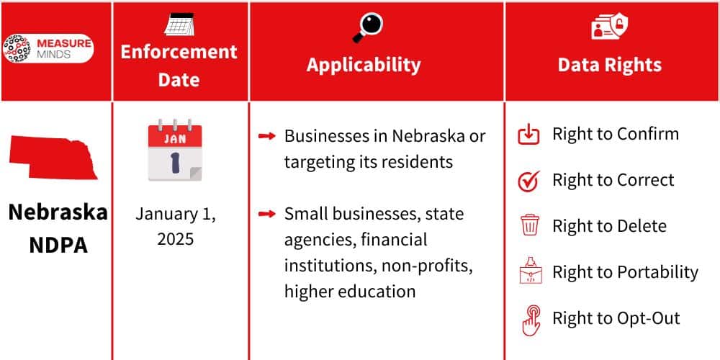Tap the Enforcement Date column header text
(x=179, y=66)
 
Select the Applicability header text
(x=364, y=64)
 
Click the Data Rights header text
(x=609, y=64)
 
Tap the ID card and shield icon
(x=610, y=27)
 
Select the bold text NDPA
(x=58, y=245)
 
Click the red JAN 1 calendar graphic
(x=175, y=150)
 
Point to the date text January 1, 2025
(x=176, y=226)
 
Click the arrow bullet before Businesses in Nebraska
(x=266, y=136)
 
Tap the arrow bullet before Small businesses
(x=266, y=214)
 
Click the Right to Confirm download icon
(x=529, y=134)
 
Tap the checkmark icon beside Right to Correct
(x=529, y=181)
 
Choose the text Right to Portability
(x=625, y=272)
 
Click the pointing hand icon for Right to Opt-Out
(x=530, y=320)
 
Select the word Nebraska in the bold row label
(x=58, y=212)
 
